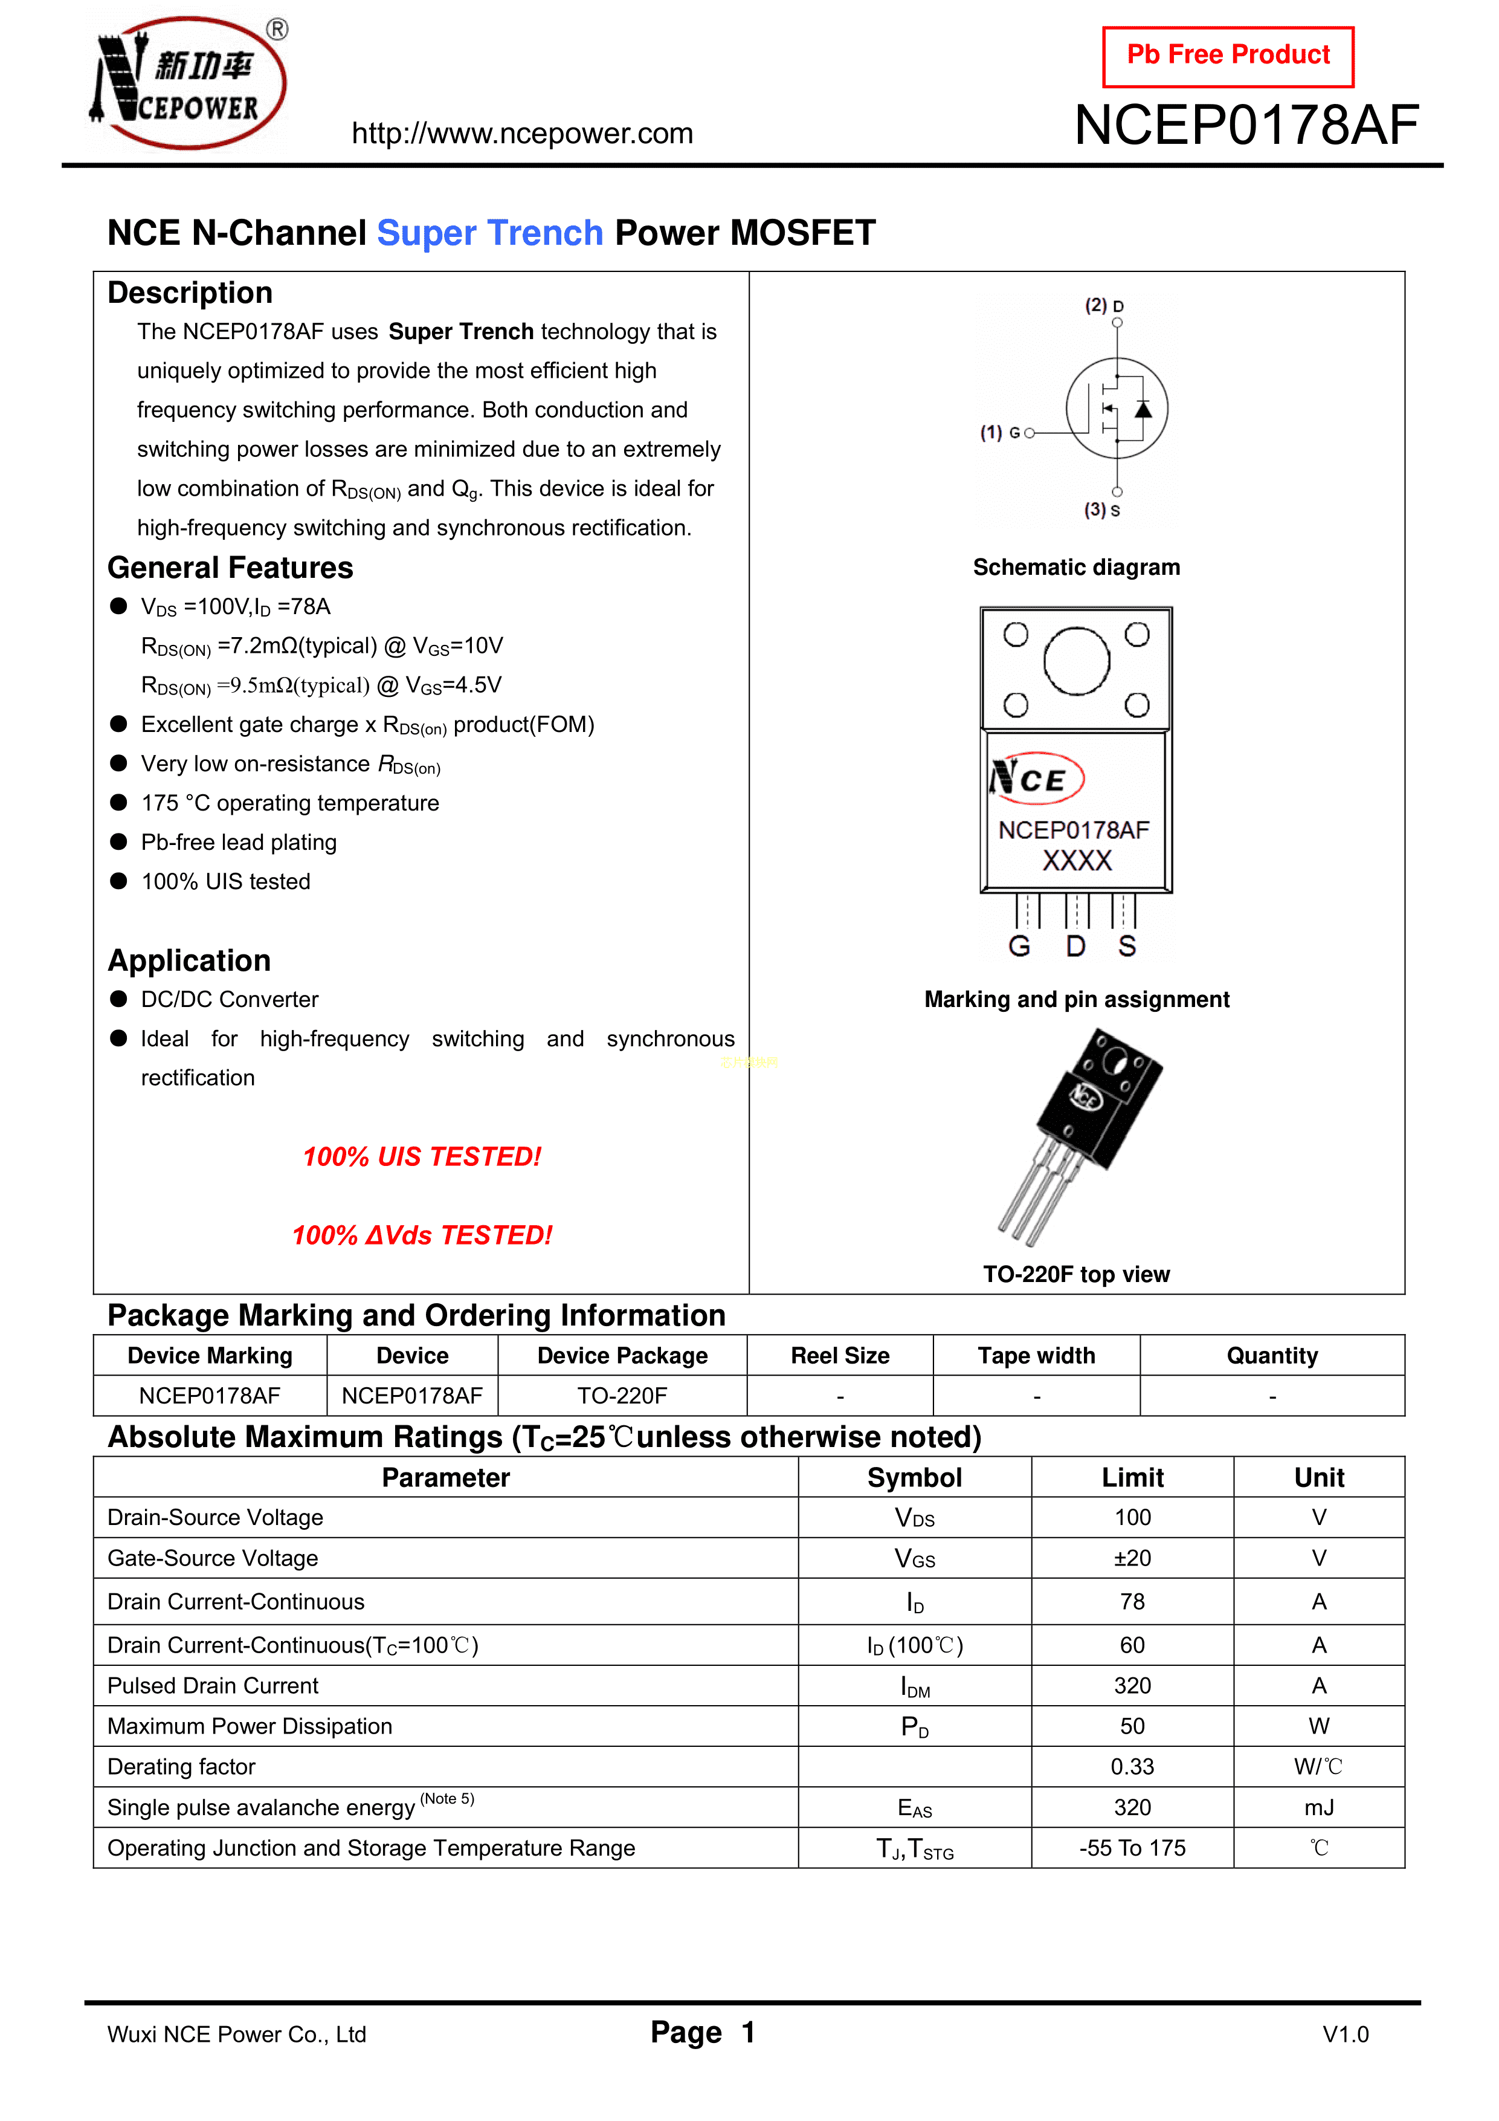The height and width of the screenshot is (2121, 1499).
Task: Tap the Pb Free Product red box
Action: pos(1228,56)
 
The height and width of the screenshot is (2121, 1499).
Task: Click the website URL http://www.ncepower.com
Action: pos(522,134)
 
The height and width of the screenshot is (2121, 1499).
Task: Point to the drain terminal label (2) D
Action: pos(1104,306)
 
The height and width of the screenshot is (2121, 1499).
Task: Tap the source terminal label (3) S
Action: pos(1102,510)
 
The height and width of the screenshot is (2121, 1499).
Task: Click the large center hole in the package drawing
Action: pos(1076,661)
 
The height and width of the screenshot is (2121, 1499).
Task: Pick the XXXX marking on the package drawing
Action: pos(1077,861)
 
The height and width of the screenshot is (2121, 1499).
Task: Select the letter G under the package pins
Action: pos(1019,946)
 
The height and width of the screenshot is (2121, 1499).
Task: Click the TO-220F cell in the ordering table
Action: pos(622,1396)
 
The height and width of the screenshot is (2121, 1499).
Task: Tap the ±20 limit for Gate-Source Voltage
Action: pos(1132,1558)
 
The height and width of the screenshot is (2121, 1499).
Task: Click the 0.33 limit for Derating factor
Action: pos(1132,1766)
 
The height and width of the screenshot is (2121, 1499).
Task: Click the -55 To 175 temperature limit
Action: pos(1132,1848)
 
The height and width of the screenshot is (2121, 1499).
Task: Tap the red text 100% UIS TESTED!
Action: pos(422,1156)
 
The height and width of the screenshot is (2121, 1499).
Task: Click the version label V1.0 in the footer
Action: pos(1345,2034)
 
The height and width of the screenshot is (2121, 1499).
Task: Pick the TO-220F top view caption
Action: pos(1076,1274)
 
